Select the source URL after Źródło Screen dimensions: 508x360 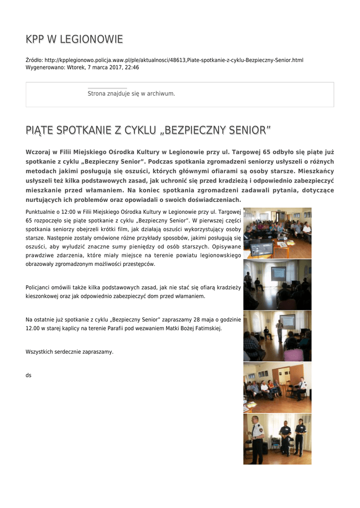pyautogui.click(x=174, y=60)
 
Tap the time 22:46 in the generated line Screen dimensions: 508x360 pyautogui.click(x=132, y=67)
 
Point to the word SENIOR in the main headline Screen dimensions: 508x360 pyautogui.click(x=244, y=130)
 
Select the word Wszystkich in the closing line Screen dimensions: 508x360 pyautogui.click(x=39, y=352)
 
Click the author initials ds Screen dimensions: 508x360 pyautogui.click(x=28, y=375)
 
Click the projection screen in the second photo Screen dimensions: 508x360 pyautogui.click(x=278, y=272)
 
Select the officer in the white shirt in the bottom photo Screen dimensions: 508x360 pyautogui.click(x=257, y=439)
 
